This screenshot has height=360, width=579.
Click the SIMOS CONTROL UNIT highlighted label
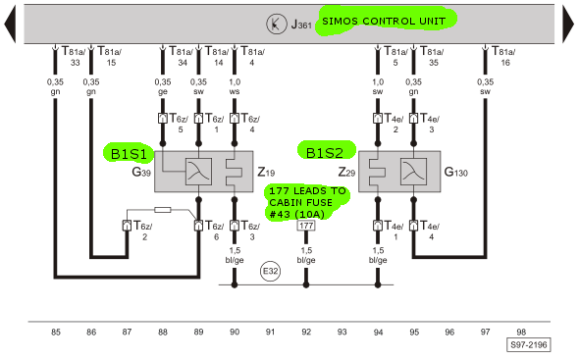pos(384,21)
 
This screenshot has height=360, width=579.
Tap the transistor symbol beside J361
pos(276,24)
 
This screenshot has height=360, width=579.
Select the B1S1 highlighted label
pos(130,153)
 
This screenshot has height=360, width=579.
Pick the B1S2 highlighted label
pos(326,152)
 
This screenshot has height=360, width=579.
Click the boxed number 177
pos(306,226)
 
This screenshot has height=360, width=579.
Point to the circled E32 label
pos(270,272)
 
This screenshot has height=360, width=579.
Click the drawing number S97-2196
pos(528,345)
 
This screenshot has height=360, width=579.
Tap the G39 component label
pos(141,172)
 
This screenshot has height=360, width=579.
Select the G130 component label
pos(455,172)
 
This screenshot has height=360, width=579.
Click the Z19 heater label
pos(266,172)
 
